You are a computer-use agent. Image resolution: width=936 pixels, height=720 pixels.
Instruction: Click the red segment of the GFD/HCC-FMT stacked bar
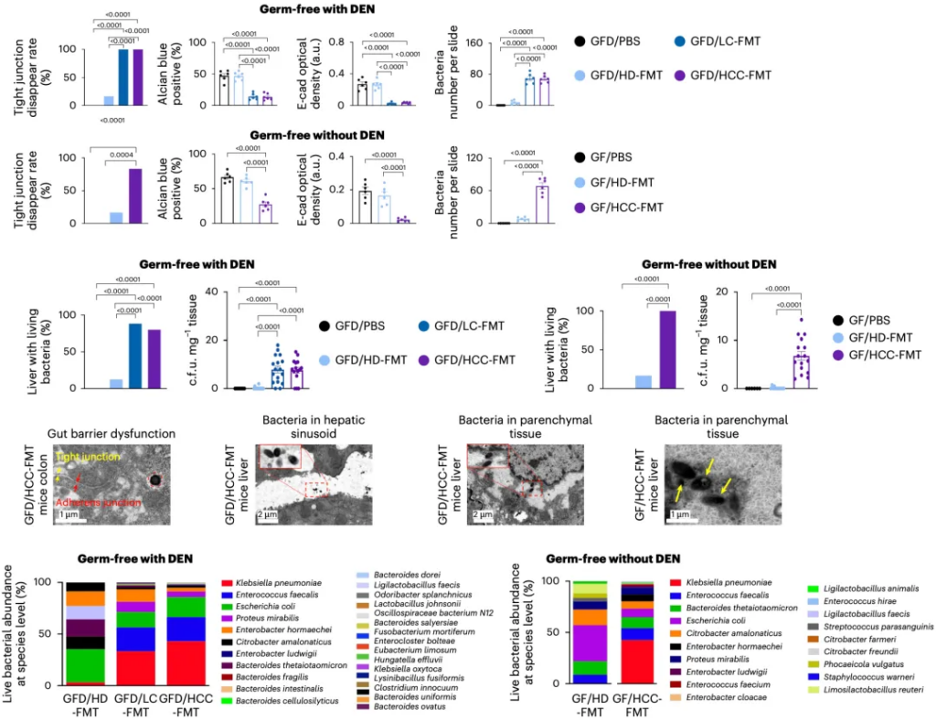pyautogui.click(x=186, y=662)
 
